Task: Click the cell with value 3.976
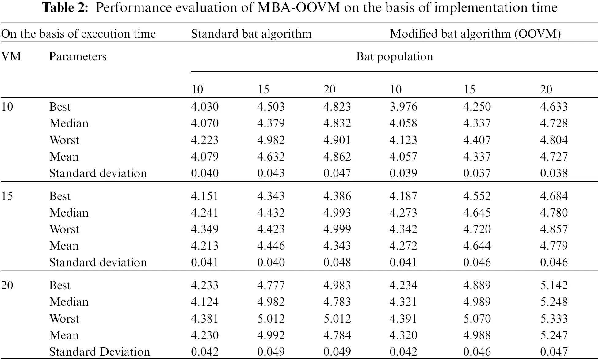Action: [x=403, y=107]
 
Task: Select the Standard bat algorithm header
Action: [x=251, y=34]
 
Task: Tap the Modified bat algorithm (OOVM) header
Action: [x=475, y=34]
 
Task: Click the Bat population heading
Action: [x=395, y=57]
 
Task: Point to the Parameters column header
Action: [x=78, y=57]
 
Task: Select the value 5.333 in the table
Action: [x=554, y=319]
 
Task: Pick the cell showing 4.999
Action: [x=337, y=229]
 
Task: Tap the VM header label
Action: [x=11, y=57]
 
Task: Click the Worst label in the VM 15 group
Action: [x=64, y=229]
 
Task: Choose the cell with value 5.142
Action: [x=554, y=285]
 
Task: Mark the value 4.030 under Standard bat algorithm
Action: [x=204, y=107]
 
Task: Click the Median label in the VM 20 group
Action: [x=69, y=302]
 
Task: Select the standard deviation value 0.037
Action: [x=477, y=173]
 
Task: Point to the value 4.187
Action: [x=403, y=196]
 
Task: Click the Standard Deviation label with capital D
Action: [x=99, y=352]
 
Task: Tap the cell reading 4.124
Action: [x=204, y=302]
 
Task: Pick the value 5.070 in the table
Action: [x=477, y=319]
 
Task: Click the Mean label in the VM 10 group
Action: [x=64, y=157]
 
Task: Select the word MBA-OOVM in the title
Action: [x=299, y=8]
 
